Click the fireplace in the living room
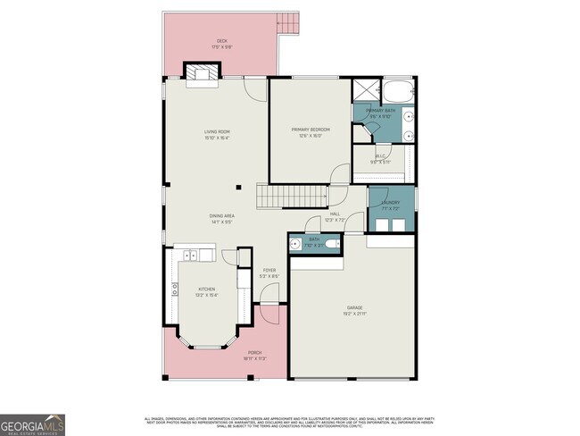[200, 72]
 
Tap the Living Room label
[217, 135]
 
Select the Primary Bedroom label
[306, 132]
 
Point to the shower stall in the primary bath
[365, 90]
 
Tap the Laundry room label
[390, 204]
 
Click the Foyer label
[269, 272]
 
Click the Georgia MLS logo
[33, 423]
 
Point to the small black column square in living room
[238, 188]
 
